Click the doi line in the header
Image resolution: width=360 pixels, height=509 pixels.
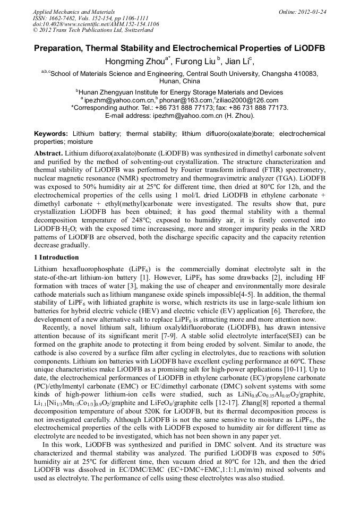coord(96,24)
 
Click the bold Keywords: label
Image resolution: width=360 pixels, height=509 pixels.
coord(51,134)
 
